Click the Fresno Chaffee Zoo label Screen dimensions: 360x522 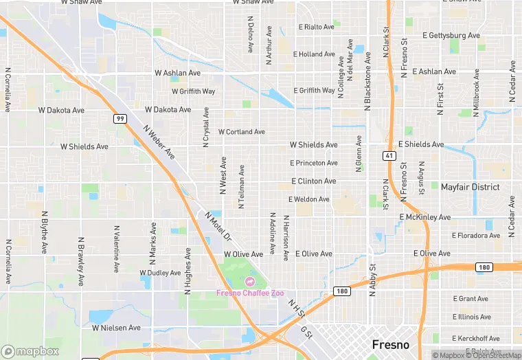[x=250, y=293]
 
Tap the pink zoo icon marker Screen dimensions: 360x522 [x=249, y=282]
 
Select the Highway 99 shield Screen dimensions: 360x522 [x=120, y=119]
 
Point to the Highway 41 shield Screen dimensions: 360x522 [x=388, y=157]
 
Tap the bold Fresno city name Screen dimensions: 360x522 [x=390, y=344]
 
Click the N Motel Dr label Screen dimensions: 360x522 [x=218, y=226]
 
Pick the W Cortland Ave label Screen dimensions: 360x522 [x=242, y=132]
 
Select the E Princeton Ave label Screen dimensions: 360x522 [x=314, y=164]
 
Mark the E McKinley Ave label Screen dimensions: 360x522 [x=425, y=217]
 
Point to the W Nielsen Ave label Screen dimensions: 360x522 [x=116, y=328]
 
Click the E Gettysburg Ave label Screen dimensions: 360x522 [x=451, y=35]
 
